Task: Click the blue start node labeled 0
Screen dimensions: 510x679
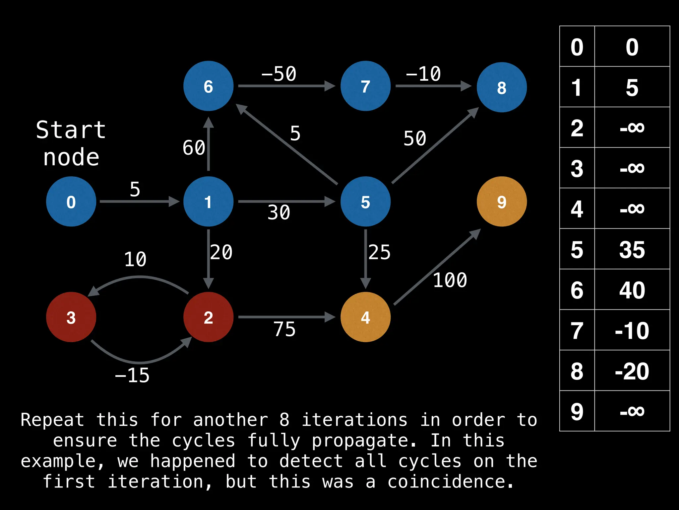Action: tap(71, 202)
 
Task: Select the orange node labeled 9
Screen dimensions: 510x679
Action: tap(502, 202)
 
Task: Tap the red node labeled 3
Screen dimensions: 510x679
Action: tap(71, 317)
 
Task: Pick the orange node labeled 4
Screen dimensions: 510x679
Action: tap(365, 317)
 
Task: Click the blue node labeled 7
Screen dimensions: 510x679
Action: tap(365, 86)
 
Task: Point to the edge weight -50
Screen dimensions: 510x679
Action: tap(278, 74)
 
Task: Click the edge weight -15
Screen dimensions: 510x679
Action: tap(132, 376)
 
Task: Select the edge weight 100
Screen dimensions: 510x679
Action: tap(450, 280)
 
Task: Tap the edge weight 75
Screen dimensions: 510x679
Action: tap(284, 329)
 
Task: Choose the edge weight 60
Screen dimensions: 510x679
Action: tap(194, 147)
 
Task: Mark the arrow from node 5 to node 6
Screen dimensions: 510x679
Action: tap(287, 144)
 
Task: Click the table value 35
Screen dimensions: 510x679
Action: tap(632, 250)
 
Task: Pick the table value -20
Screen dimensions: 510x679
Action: tap(632, 371)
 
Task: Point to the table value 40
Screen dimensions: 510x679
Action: tap(632, 290)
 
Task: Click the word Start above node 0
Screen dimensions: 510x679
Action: tap(71, 130)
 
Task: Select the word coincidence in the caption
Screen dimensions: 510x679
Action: tap(450, 481)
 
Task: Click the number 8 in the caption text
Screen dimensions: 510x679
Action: tap(284, 420)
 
